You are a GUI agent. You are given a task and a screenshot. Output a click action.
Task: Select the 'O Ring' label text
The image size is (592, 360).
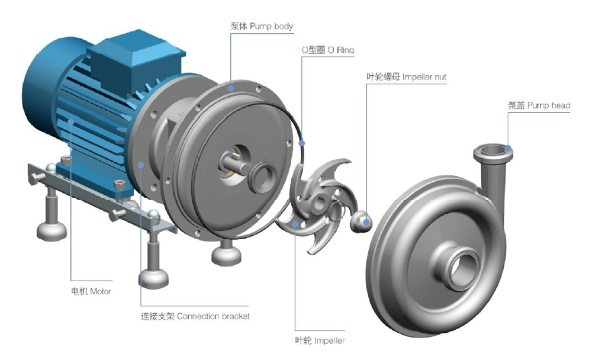tap(327, 50)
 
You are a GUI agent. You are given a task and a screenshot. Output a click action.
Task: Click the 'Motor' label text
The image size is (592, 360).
tap(91, 291)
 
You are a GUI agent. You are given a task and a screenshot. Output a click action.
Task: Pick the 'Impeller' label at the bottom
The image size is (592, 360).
tap(320, 340)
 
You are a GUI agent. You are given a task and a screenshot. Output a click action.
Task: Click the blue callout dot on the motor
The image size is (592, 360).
tap(71, 123)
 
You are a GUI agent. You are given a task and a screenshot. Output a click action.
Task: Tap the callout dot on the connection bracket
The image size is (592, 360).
tap(141, 165)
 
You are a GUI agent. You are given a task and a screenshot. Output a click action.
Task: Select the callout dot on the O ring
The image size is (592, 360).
tap(303, 142)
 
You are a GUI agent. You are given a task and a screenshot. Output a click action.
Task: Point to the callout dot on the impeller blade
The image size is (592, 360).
tap(295, 223)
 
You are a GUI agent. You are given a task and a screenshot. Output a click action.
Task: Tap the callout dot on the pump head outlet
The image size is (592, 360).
tap(508, 148)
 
